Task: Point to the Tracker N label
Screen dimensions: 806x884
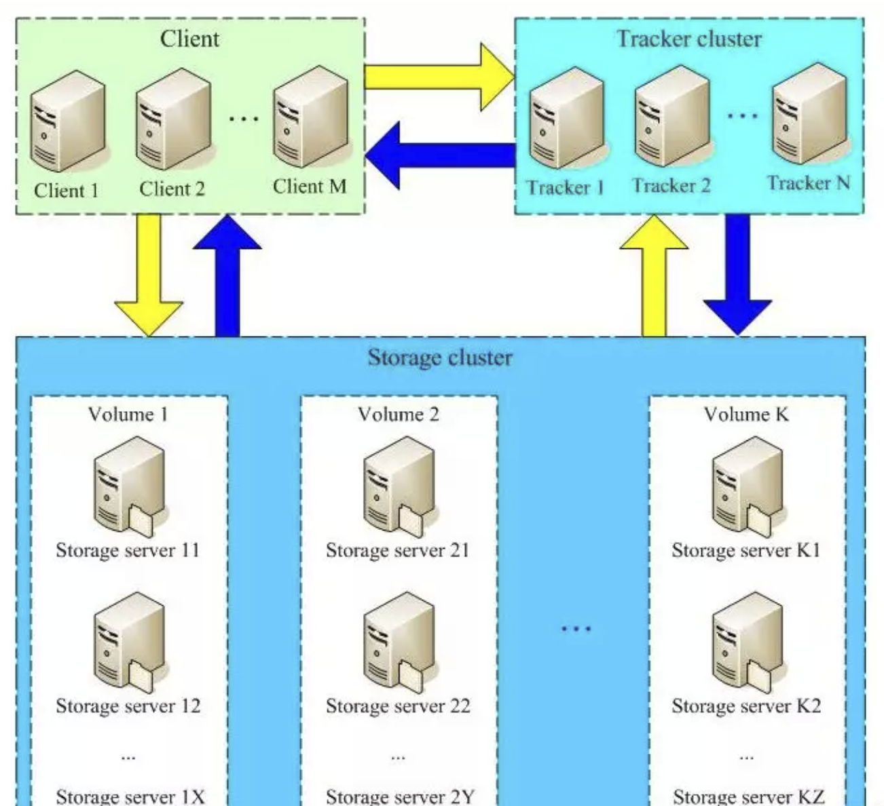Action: tap(809, 183)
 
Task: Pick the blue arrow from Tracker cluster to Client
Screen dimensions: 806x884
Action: tap(441, 155)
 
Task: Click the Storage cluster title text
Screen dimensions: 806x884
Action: tap(440, 358)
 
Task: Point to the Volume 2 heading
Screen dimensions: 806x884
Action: tap(399, 414)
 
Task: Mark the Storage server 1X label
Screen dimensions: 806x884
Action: tap(130, 796)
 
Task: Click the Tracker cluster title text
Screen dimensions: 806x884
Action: tap(688, 39)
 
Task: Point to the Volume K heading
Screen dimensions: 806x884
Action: tap(746, 414)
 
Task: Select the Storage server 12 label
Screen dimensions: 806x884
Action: tap(128, 706)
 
